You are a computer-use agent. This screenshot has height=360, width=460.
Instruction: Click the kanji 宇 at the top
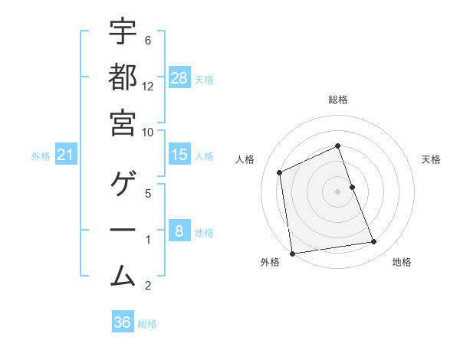click(123, 32)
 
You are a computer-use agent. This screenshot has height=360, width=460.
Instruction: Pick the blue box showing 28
click(179, 78)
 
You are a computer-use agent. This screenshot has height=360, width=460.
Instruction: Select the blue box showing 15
click(179, 155)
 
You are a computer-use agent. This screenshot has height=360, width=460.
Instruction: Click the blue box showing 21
click(65, 155)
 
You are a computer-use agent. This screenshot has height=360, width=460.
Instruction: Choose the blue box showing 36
click(123, 322)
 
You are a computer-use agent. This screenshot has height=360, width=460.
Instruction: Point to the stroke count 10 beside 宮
click(148, 132)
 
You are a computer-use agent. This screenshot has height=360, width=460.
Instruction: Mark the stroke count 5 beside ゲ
click(148, 194)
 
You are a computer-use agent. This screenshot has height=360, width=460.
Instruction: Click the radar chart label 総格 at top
click(338, 100)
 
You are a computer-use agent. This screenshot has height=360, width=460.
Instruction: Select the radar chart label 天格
click(431, 159)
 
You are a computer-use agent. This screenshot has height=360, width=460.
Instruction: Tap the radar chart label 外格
click(270, 263)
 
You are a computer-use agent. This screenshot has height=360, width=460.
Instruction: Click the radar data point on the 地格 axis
click(374, 242)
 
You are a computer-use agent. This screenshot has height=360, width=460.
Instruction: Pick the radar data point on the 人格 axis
click(280, 172)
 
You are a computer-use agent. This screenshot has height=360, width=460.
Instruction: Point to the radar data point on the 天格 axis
click(352, 187)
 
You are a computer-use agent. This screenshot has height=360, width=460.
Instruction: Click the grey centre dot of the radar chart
click(338, 191)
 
